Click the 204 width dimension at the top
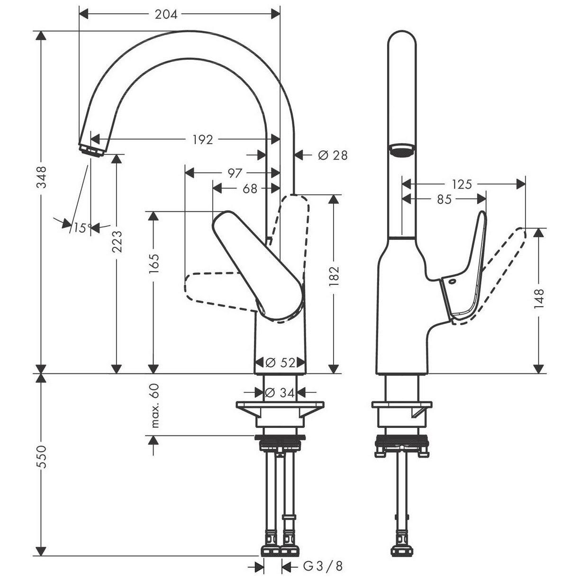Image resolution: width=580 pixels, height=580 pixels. [x=166, y=14]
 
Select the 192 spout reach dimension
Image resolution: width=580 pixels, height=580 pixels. [x=202, y=140]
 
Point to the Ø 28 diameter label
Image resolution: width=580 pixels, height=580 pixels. [x=333, y=155]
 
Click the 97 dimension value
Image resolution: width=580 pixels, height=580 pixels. [x=235, y=173]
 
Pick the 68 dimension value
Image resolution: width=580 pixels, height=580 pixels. [x=250, y=189]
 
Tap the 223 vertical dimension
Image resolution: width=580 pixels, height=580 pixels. [x=117, y=241]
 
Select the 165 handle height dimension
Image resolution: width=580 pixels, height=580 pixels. [x=154, y=264]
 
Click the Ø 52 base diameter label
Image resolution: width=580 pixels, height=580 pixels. [x=280, y=362]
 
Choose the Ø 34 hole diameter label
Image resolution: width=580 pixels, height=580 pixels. [x=280, y=392]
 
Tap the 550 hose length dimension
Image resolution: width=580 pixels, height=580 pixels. [x=42, y=457]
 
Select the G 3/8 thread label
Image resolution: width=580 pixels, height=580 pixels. [x=323, y=566]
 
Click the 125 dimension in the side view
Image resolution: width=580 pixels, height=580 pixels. [x=462, y=184]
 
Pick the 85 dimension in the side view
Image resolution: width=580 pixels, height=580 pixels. [x=444, y=199]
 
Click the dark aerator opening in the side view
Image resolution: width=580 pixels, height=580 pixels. [x=401, y=150]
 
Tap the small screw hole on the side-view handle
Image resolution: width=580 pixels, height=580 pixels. [x=452, y=282]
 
